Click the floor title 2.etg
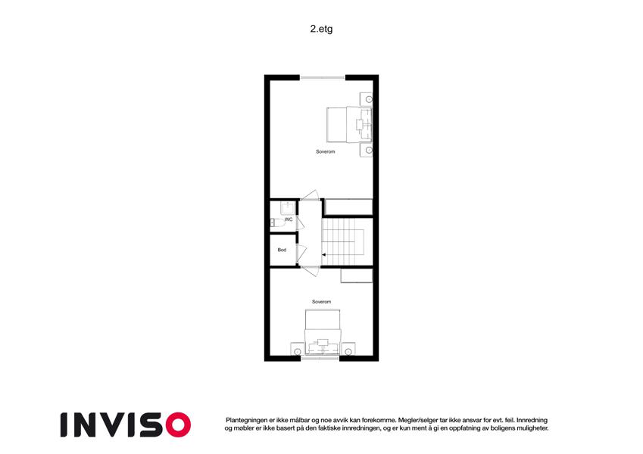321,29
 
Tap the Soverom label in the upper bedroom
325,151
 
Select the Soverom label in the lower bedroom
321,302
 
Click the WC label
289,219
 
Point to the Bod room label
282,250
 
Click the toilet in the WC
278,223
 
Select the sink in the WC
288,208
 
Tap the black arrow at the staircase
323,255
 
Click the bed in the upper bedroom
349,125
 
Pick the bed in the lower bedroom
323,332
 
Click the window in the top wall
323,77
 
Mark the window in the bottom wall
320,359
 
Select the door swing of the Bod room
301,253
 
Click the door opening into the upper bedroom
310,195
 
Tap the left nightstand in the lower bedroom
297,349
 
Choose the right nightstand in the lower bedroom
348,349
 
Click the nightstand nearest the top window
367,99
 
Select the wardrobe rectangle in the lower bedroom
357,275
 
